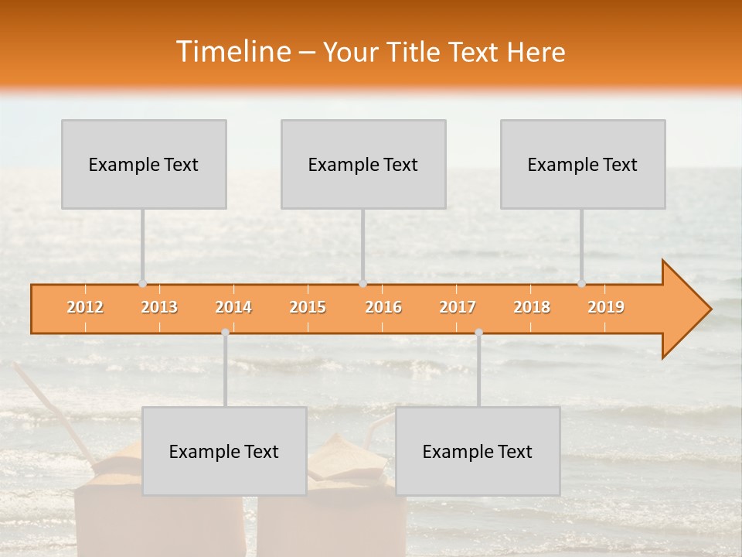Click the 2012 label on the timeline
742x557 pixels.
(85, 307)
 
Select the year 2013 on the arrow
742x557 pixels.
(159, 307)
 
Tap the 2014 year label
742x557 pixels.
(233, 307)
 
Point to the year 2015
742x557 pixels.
(308, 307)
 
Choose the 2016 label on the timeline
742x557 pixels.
(383, 307)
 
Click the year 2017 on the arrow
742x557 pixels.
(458, 307)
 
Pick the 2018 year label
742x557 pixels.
(532, 307)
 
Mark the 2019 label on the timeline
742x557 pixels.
(606, 307)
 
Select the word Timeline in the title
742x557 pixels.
(233, 52)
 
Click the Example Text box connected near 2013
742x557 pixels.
(144, 164)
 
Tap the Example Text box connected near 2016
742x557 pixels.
(363, 164)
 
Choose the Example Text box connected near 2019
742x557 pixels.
(583, 164)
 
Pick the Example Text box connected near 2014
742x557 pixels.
(224, 451)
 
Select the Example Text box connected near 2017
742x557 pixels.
(478, 451)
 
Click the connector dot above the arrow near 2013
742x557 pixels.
(142, 284)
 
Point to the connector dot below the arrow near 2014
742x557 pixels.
(225, 333)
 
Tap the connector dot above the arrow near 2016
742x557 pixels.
(362, 284)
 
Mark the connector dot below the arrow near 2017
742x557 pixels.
(478, 333)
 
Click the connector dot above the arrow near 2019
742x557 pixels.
(581, 284)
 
